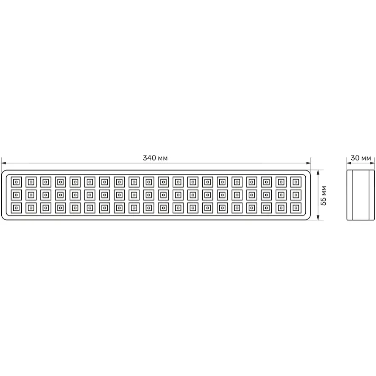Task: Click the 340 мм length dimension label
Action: (155, 158)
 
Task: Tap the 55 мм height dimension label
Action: (324, 195)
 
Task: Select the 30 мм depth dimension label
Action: (361, 158)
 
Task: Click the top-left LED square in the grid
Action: (16, 182)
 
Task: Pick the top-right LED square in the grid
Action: (296, 182)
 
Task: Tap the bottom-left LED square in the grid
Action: (16, 208)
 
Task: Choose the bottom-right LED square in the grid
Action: (296, 208)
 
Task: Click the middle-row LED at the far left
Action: (16, 195)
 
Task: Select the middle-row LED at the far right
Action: (296, 195)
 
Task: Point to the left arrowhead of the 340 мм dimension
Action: (3, 163)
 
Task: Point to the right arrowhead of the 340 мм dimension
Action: (309, 163)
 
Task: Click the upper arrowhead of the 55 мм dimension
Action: (318, 172)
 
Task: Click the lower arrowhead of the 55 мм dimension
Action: (318, 218)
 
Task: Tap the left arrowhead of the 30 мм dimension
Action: (349, 163)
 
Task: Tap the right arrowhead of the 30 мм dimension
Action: (372, 163)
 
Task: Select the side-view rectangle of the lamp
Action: (361, 195)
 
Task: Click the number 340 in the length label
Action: (149, 158)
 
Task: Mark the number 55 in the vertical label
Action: (324, 202)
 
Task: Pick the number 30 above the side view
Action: (355, 158)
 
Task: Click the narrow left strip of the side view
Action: (350, 195)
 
